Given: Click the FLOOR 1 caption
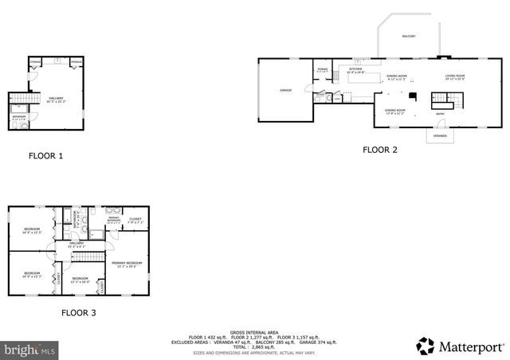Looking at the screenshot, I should tap(45, 156).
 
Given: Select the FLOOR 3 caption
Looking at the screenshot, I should tap(79, 313).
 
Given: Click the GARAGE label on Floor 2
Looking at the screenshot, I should tap(285, 90).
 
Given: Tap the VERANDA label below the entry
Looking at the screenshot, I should tap(440, 136).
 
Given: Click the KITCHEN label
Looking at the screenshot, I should tap(355, 70).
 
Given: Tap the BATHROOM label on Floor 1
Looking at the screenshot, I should tap(20, 119).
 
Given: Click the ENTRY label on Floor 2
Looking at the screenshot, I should tap(440, 114).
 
